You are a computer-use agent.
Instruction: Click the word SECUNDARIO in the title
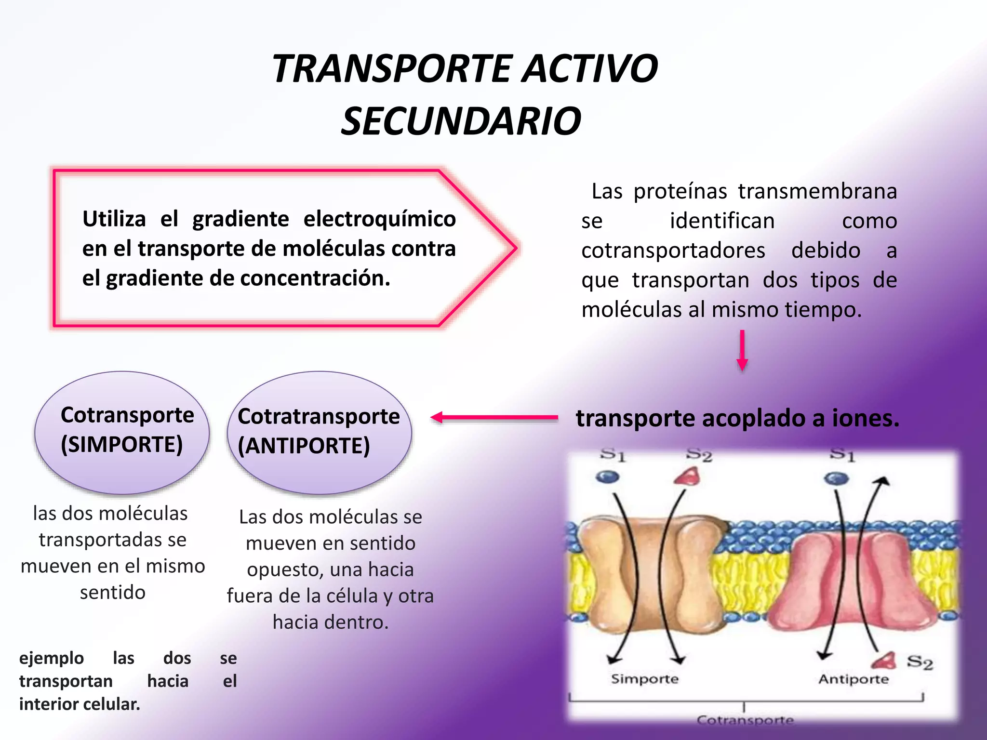(x=461, y=121)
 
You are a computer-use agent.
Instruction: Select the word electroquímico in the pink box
(x=379, y=219)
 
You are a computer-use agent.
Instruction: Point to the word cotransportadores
(x=673, y=251)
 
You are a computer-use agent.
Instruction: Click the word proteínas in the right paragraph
(x=680, y=191)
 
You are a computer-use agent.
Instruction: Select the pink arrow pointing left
(x=494, y=417)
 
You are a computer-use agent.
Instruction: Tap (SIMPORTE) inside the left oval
(x=122, y=444)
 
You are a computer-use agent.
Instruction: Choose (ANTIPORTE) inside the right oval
(x=304, y=446)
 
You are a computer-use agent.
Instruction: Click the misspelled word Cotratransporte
(x=319, y=416)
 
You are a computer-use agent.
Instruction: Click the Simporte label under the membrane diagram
(x=644, y=679)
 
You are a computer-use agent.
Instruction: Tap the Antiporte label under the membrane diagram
(x=853, y=679)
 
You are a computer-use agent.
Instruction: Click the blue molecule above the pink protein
(x=836, y=478)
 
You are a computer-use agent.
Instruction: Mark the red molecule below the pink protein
(x=885, y=661)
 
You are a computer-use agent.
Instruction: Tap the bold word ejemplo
(x=52, y=658)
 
